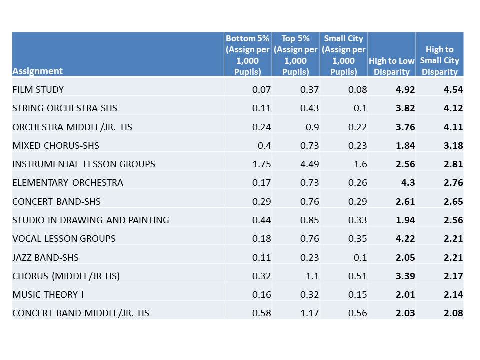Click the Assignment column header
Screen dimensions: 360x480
pos(38,71)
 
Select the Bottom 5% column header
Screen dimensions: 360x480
pos(248,55)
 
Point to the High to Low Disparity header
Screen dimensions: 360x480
pos(391,66)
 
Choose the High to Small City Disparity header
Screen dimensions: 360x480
pos(439,60)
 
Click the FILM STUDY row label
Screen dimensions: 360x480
pos(38,90)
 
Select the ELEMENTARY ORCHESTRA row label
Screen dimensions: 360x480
pos(68,182)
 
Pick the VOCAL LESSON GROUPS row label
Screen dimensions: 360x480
pos(64,238)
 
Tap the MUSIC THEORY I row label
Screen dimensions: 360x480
pos(48,294)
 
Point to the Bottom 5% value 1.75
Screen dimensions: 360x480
pos(262,164)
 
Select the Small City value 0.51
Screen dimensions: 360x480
pos(357,276)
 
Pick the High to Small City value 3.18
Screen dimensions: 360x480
pos(453,145)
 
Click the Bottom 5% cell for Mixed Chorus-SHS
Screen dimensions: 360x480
pos(265,145)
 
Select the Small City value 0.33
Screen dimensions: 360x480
pos(357,220)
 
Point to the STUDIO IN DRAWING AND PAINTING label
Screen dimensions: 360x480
pos(91,220)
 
